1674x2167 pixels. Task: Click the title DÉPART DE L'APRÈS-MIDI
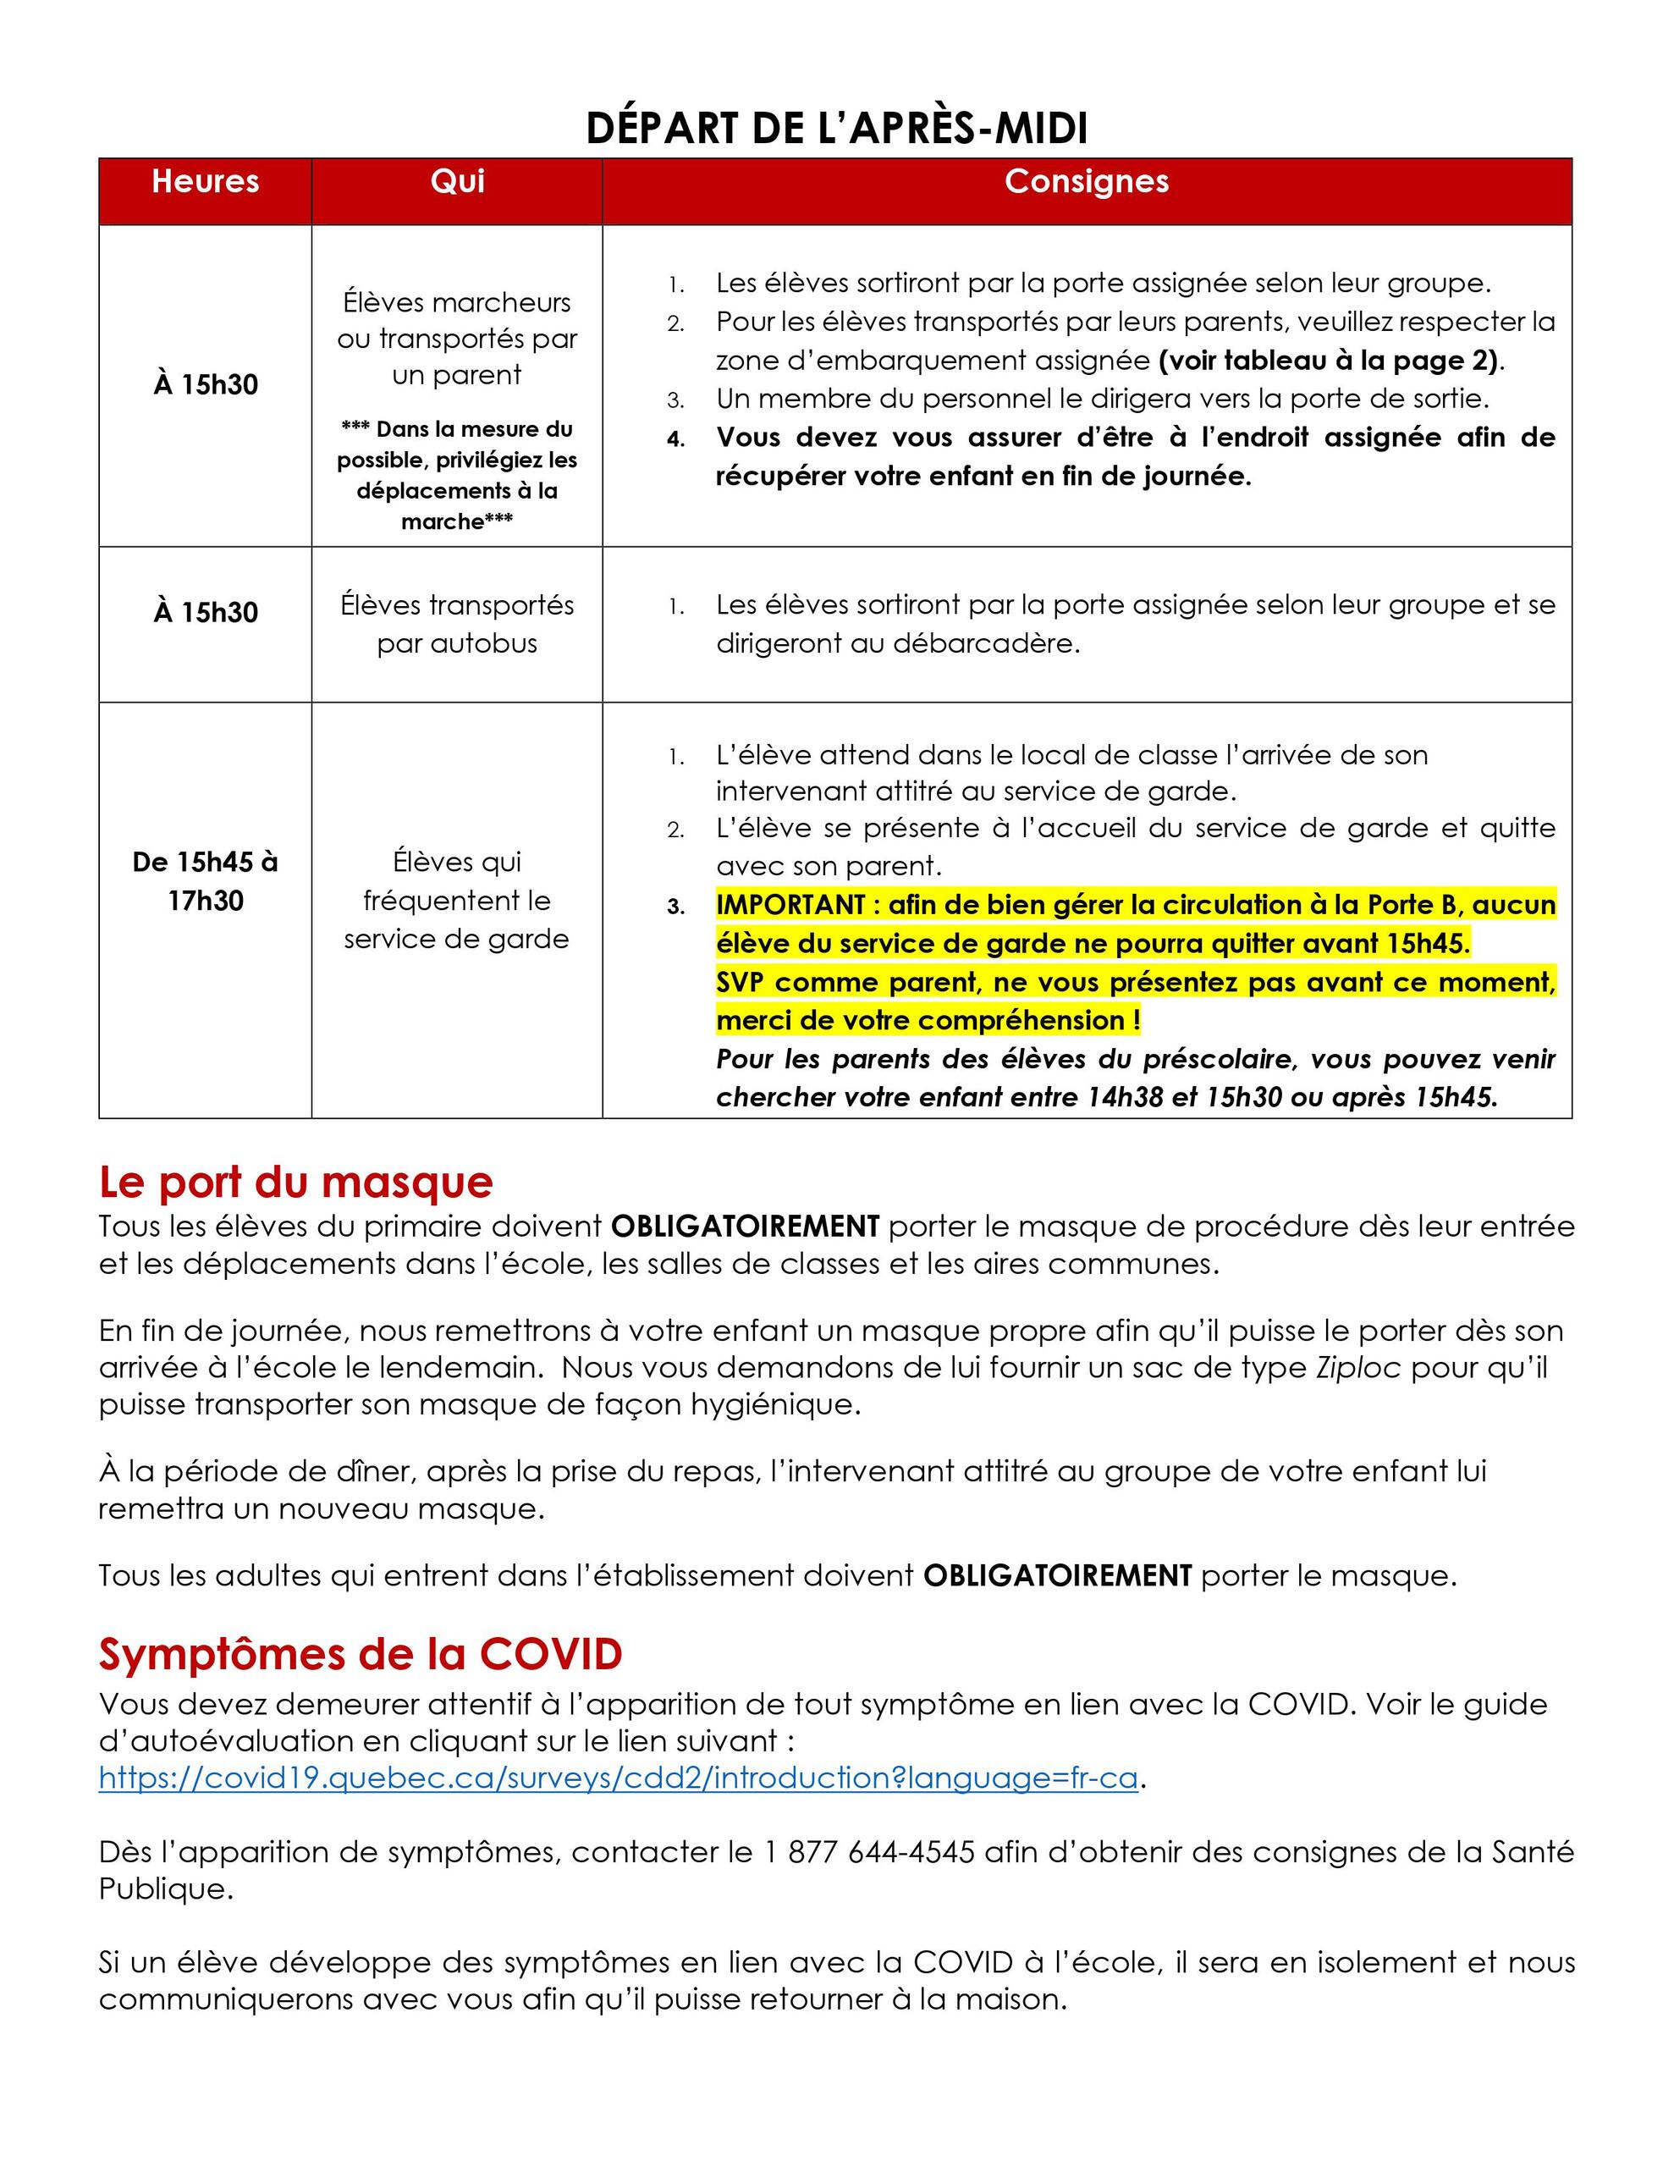click(836, 128)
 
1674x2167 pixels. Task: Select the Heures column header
click(206, 182)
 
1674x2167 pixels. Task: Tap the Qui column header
click(456, 182)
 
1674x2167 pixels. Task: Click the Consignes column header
click(1087, 182)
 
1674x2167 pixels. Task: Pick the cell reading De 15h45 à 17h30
click(206, 881)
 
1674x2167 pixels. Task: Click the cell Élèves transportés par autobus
click(456, 624)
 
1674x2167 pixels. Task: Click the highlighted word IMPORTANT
click(790, 905)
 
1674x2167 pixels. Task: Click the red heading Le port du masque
click(295, 1182)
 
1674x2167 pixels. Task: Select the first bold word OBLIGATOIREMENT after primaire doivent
click(744, 1227)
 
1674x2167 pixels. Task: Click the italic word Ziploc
click(1357, 1367)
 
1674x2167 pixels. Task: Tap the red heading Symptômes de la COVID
click(361, 1654)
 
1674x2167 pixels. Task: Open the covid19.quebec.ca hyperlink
click(617, 1778)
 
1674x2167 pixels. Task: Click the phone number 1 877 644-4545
click(869, 1851)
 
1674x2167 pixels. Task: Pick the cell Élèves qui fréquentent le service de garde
click(456, 901)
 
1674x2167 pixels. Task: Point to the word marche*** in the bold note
click(456, 522)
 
